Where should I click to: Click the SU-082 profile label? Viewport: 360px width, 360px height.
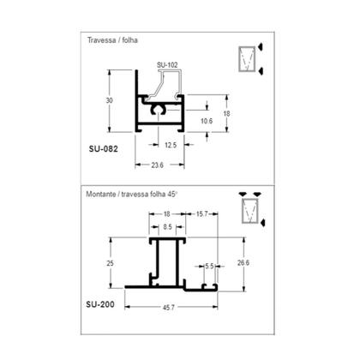[103, 149]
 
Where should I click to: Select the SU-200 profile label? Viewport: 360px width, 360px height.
[100, 304]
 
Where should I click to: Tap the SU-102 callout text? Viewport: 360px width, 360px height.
[167, 65]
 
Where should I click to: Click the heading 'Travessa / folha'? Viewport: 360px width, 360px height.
[112, 40]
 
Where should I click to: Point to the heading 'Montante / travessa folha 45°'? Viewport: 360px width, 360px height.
[132, 195]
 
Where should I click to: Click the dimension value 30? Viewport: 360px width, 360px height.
[109, 100]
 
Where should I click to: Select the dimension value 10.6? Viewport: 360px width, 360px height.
[207, 121]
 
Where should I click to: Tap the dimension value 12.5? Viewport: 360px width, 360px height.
[171, 145]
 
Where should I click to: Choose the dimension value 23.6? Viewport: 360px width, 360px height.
[157, 165]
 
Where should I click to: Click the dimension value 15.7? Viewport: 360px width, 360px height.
[201, 213]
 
